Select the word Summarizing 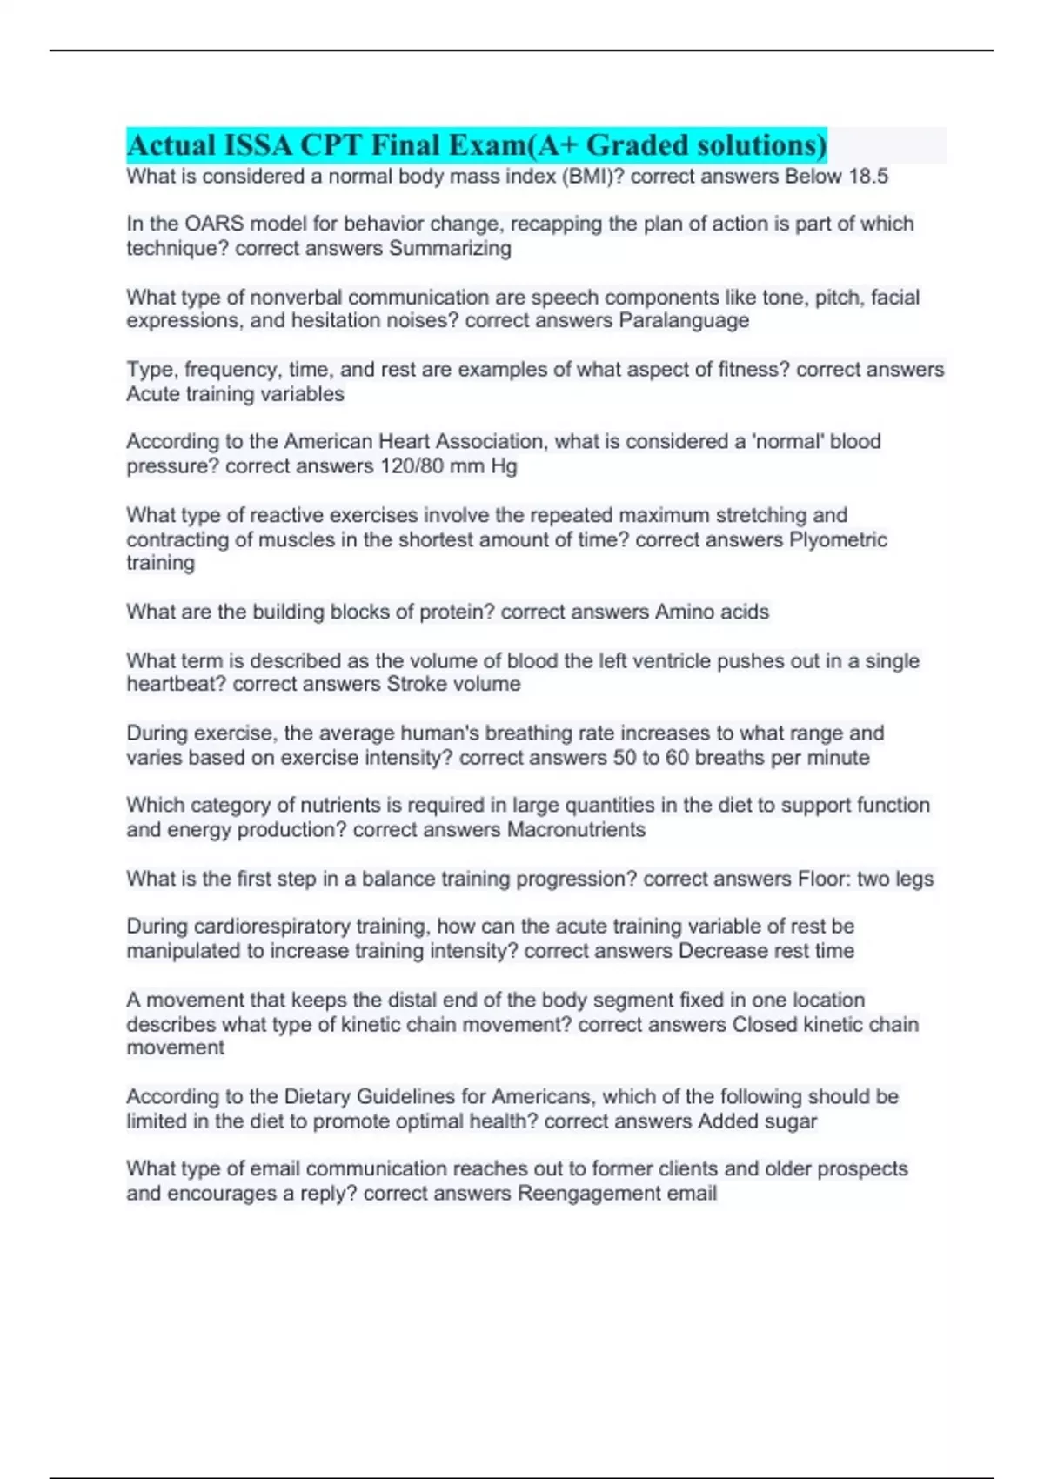[x=450, y=249]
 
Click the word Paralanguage [x=684, y=321]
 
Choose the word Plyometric [x=838, y=539]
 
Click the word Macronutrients [x=576, y=830]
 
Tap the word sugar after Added [x=790, y=1121]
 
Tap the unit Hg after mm [x=504, y=466]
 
